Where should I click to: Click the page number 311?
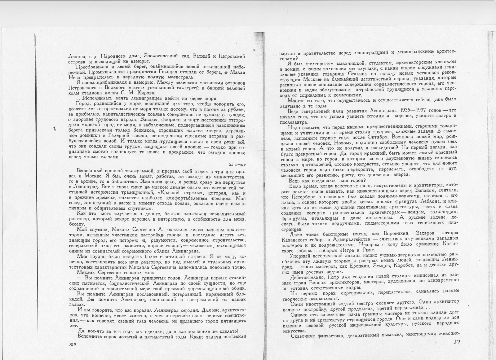(457, 342)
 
